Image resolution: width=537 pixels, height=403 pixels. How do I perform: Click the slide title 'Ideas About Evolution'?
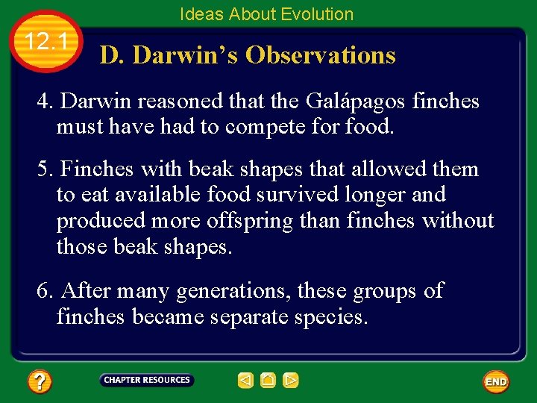point(266,13)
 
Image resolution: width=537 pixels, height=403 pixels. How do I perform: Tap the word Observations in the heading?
point(320,55)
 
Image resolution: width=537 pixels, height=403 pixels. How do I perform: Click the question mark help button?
point(39,382)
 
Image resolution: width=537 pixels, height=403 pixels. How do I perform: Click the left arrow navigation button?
point(245,381)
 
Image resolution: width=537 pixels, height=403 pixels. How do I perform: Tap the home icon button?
point(268,381)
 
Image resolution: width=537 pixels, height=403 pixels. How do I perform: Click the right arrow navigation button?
point(291,381)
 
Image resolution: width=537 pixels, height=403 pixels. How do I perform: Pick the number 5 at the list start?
point(43,169)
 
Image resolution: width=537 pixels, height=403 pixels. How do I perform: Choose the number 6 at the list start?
point(43,291)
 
